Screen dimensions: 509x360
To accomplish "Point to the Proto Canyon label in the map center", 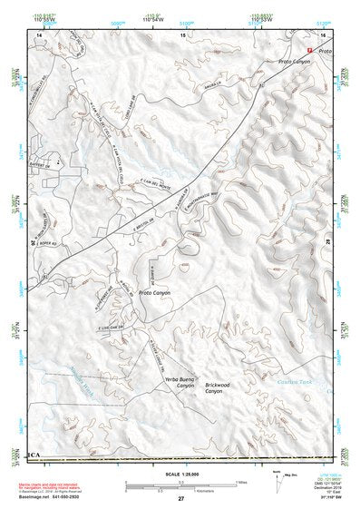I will [155, 293].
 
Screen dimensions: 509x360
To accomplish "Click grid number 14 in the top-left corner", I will [40, 34].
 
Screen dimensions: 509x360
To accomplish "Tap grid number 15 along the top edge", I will [181, 34].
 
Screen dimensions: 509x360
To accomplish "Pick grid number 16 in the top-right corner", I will [324, 34].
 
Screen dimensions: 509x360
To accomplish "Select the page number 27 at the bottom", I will [181, 499].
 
